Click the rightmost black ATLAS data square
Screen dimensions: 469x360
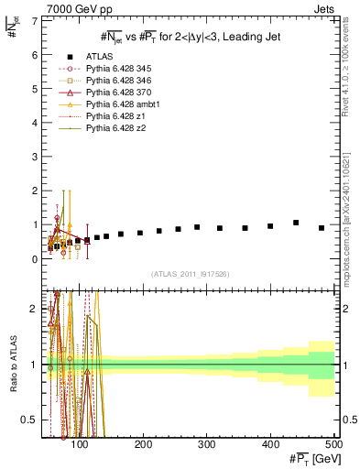322,228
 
